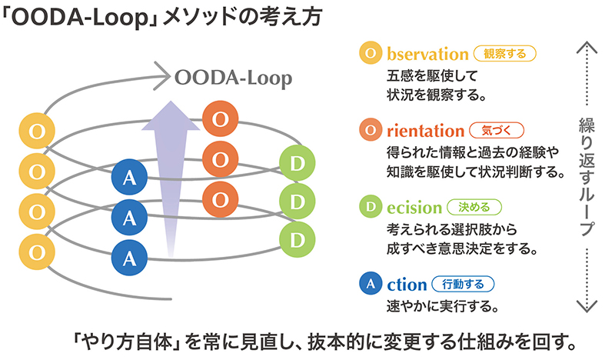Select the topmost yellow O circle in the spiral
tap(35, 131)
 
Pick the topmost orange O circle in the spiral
tap(220, 119)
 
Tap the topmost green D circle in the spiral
tap(298, 163)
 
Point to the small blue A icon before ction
tap(371, 283)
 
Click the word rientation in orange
tap(426, 130)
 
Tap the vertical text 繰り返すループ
tap(586, 176)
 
